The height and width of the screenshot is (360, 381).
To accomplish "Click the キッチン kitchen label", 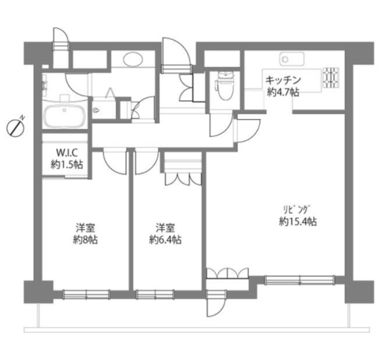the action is (283, 80).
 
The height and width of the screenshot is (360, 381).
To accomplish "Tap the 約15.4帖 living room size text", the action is (298, 221).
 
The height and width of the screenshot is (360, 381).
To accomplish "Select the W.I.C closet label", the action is (67, 152).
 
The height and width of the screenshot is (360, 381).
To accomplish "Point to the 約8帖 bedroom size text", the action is (85, 239).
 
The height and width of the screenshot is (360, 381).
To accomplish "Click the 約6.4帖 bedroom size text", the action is (165, 239).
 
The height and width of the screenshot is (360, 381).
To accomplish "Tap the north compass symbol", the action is (16, 128).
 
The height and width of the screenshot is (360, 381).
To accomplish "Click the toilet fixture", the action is (224, 86).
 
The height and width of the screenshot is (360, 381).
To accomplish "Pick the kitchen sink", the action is (292, 59).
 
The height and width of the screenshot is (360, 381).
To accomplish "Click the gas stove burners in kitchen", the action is (331, 77).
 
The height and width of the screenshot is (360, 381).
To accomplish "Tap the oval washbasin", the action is (133, 59).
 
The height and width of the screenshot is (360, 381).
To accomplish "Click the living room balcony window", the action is (300, 280).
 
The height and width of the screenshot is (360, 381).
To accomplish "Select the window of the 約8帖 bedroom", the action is (86, 294).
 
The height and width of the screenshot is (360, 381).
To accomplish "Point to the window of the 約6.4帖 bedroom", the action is (155, 294).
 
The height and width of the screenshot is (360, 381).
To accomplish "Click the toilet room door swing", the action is (221, 124).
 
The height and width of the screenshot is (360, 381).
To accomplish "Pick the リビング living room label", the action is (297, 210).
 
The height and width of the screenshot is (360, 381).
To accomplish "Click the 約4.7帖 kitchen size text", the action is (283, 92).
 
